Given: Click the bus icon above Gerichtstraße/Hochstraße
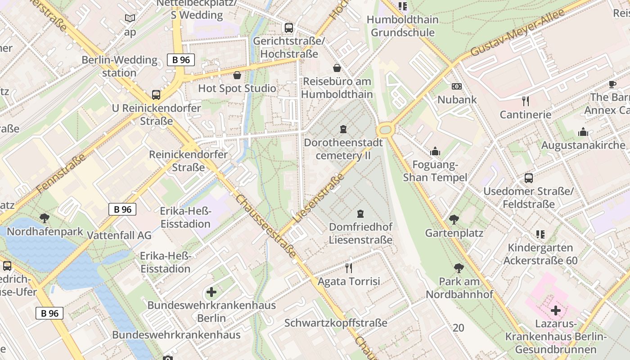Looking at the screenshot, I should [x=289, y=28].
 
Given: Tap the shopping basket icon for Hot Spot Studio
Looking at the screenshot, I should [x=237, y=75].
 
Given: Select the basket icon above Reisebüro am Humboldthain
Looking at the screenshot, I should [x=337, y=68].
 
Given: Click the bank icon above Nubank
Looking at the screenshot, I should [x=457, y=86].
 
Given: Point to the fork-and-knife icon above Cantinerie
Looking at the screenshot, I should [x=525, y=101].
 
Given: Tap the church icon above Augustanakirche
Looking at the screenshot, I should [x=583, y=132].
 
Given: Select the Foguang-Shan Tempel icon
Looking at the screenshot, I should [x=435, y=151].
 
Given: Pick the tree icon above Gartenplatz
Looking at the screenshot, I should [x=454, y=220].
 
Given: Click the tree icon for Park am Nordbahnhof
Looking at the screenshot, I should [x=459, y=268].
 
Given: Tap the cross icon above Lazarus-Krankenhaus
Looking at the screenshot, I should [x=556, y=310].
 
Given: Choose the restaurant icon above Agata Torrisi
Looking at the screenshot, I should [x=349, y=268].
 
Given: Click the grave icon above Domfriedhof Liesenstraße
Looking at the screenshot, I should [x=360, y=213].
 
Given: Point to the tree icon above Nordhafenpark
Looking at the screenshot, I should [x=45, y=218].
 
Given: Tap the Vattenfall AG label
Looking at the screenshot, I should [x=119, y=235].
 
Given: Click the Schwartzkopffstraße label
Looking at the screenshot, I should [x=336, y=323].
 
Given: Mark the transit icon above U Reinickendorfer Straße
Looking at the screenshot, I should [x=156, y=95].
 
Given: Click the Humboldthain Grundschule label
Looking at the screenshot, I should [x=403, y=26].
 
